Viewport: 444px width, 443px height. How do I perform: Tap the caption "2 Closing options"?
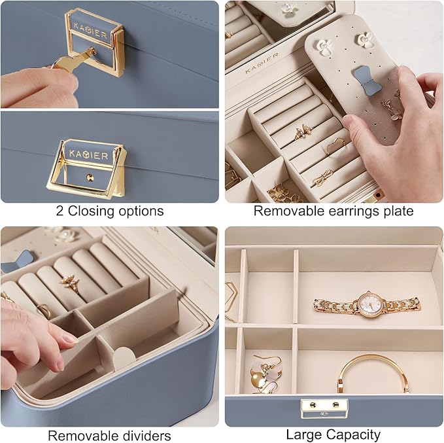[x=110, y=211]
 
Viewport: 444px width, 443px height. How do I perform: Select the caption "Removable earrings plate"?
[x=333, y=211]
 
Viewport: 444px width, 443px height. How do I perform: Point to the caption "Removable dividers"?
[x=110, y=435]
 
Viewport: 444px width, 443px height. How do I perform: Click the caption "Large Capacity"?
[x=333, y=434]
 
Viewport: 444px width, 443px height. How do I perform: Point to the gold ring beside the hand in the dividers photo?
[x=44, y=310]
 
